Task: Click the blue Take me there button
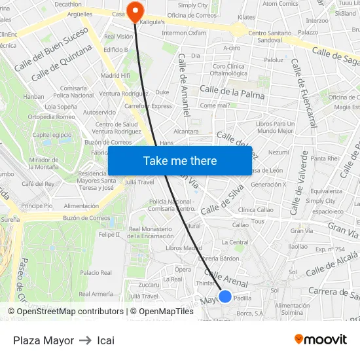[x=180, y=161]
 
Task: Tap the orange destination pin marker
[x=135, y=11]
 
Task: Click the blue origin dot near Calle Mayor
[x=225, y=297]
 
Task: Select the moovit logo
[x=321, y=340]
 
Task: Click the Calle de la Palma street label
[x=232, y=92]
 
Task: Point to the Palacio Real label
[x=96, y=272]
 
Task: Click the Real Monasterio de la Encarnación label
[x=151, y=232]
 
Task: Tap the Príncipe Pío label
[x=37, y=206]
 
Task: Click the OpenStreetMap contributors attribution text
[x=66, y=312]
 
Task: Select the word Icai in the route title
[x=105, y=340]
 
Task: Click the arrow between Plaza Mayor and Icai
[x=85, y=340]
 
